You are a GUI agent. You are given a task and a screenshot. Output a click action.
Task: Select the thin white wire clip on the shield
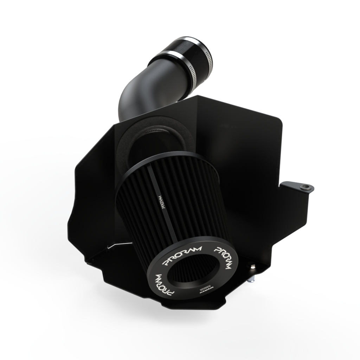click(x=120, y=244)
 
